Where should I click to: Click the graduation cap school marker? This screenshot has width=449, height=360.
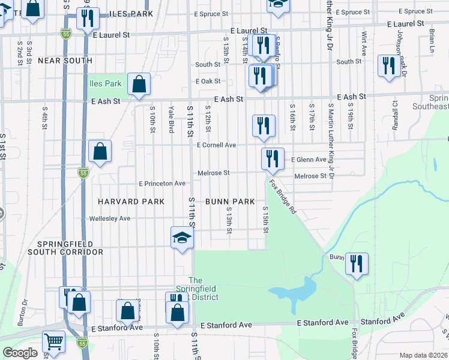click(x=182, y=238)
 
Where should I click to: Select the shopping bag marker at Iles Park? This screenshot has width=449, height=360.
click(x=139, y=85)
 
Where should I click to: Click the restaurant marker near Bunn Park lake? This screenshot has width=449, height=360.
click(x=357, y=264)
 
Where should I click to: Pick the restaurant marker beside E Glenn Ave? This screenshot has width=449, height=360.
click(x=273, y=159)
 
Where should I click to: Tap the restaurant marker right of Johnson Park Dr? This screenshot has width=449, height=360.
click(x=389, y=66)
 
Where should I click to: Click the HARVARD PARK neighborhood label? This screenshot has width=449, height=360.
click(x=131, y=202)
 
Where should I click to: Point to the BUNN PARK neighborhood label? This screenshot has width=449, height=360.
click(x=230, y=202)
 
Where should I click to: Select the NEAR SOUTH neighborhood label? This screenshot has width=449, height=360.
click(x=65, y=61)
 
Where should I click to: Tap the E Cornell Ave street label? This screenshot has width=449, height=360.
click(x=216, y=145)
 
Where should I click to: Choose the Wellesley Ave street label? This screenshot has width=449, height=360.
click(x=109, y=218)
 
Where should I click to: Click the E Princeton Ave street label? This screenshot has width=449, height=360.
click(x=162, y=184)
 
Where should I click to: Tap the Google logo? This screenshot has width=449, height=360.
click(x=20, y=353)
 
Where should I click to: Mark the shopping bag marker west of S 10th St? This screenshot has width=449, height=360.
click(x=100, y=152)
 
